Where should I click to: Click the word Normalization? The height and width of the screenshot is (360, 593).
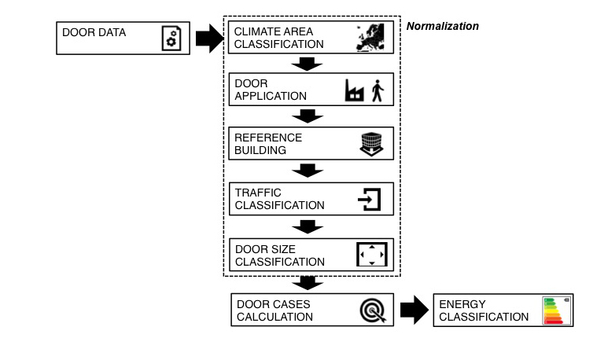[443, 26]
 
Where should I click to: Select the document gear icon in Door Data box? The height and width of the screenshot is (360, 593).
[171, 39]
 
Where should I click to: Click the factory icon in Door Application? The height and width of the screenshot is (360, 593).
[355, 91]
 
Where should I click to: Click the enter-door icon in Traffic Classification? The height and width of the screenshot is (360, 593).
[370, 199]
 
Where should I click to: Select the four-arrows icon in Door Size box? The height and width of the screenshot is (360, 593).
[372, 255]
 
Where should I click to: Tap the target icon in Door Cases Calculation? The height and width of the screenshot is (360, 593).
[372, 310]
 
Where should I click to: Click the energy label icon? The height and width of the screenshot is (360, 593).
[555, 310]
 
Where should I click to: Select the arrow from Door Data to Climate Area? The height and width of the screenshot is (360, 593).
[209, 38]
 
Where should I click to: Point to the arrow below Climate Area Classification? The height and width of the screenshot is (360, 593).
[308, 64]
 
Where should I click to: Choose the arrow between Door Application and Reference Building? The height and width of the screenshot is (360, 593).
[308, 116]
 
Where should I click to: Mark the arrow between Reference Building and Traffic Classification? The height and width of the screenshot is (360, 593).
[308, 171]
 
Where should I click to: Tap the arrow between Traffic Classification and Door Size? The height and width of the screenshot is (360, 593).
[308, 226]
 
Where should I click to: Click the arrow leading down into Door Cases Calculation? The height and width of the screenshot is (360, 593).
[308, 282]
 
